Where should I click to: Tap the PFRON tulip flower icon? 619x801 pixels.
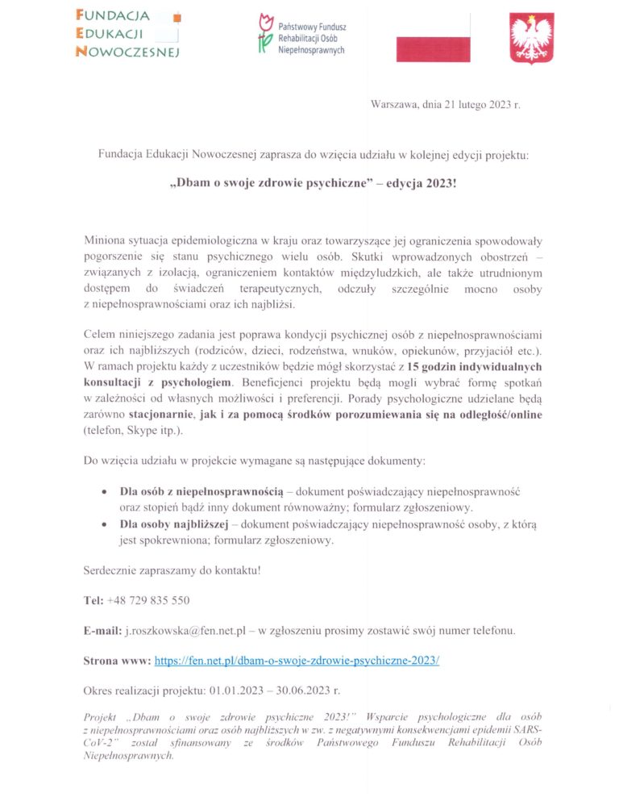263,35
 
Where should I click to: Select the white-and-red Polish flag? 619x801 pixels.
432,38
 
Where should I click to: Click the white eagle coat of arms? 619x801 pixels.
532,38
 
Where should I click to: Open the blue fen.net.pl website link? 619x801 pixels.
297,659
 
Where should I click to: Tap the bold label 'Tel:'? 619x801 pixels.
93,600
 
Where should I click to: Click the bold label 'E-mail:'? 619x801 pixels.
103,629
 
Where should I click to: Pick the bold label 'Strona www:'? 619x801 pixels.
117,659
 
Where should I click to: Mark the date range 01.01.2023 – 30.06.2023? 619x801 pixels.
274,690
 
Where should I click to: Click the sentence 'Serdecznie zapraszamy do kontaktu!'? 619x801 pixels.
172,570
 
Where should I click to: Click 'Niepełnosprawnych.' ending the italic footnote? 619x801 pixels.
129,756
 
